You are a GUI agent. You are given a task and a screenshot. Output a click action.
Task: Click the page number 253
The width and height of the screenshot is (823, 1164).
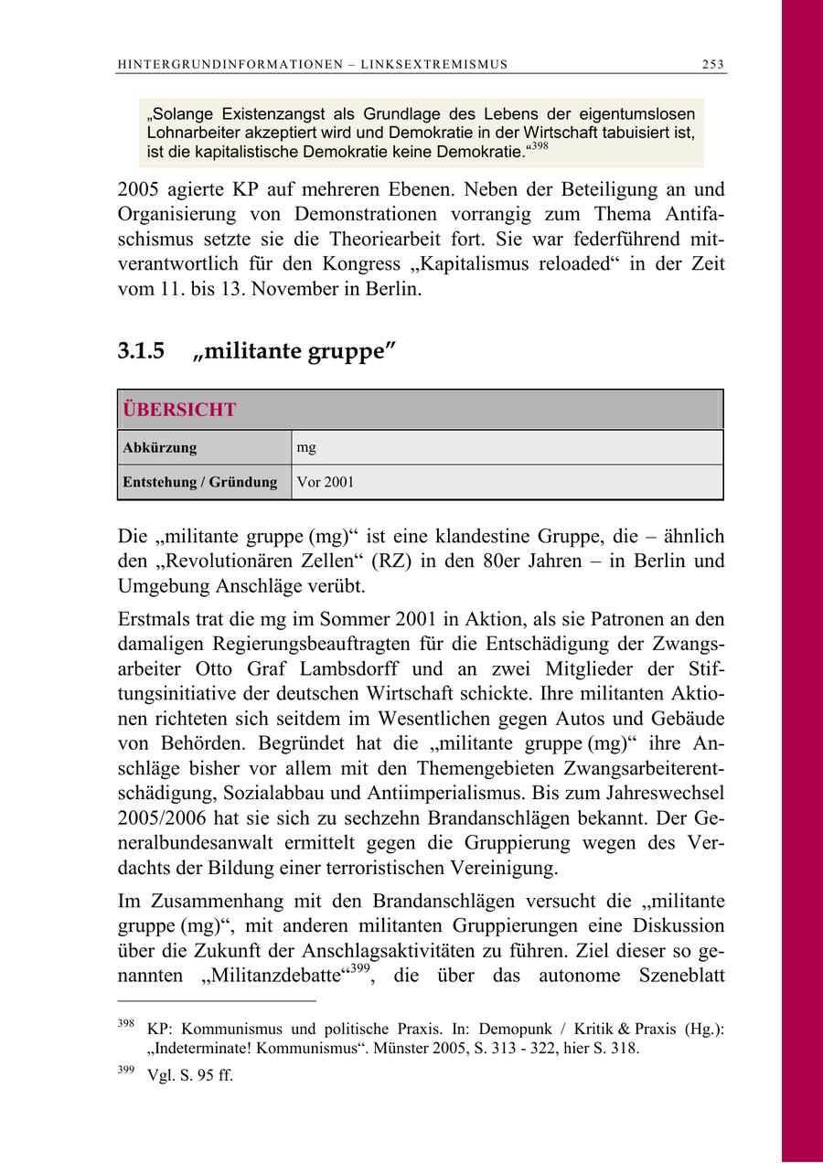pos(713,64)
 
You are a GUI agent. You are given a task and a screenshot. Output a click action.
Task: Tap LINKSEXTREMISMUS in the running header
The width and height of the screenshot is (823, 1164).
pos(434,64)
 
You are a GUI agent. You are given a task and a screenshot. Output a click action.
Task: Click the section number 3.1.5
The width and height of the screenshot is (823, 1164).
pos(141,351)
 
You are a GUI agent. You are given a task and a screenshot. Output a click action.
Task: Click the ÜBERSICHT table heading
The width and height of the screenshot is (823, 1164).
pos(179,410)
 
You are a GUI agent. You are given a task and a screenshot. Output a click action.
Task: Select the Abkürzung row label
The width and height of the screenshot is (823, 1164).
pos(160,448)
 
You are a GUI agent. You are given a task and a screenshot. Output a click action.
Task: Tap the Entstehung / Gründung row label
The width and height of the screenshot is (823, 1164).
pos(200,482)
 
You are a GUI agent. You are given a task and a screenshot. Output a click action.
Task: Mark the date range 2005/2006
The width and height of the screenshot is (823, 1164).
pos(169,817)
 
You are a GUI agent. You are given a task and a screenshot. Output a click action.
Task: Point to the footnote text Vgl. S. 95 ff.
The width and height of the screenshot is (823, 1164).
pos(190,1076)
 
